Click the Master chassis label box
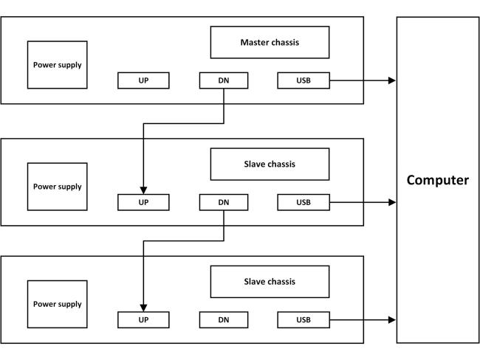[270, 42]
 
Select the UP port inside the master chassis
[143, 80]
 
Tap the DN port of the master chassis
[224, 80]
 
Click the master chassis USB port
[304, 80]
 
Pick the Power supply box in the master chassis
[58, 65]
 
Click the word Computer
[437, 180]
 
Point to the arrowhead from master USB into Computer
[392, 80]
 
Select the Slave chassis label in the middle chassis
[270, 165]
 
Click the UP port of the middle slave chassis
[143, 202]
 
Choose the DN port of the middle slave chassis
[224, 202]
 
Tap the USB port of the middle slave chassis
[304, 202]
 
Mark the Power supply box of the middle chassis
[58, 187]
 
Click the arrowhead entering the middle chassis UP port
[143, 190]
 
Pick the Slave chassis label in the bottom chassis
[270, 282]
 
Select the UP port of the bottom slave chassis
[143, 320]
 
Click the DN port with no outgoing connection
[224, 320]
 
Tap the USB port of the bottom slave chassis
[304, 320]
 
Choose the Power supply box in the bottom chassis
[58, 304]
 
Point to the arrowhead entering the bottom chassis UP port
[143, 308]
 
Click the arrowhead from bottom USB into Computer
[392, 320]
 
